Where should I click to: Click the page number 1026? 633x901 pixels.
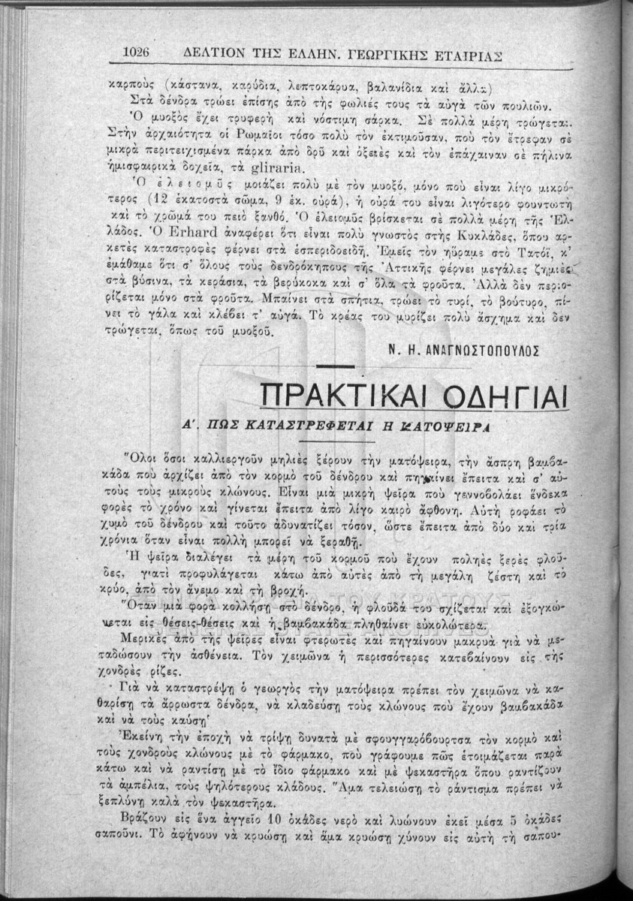pyautogui.click(x=137, y=53)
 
